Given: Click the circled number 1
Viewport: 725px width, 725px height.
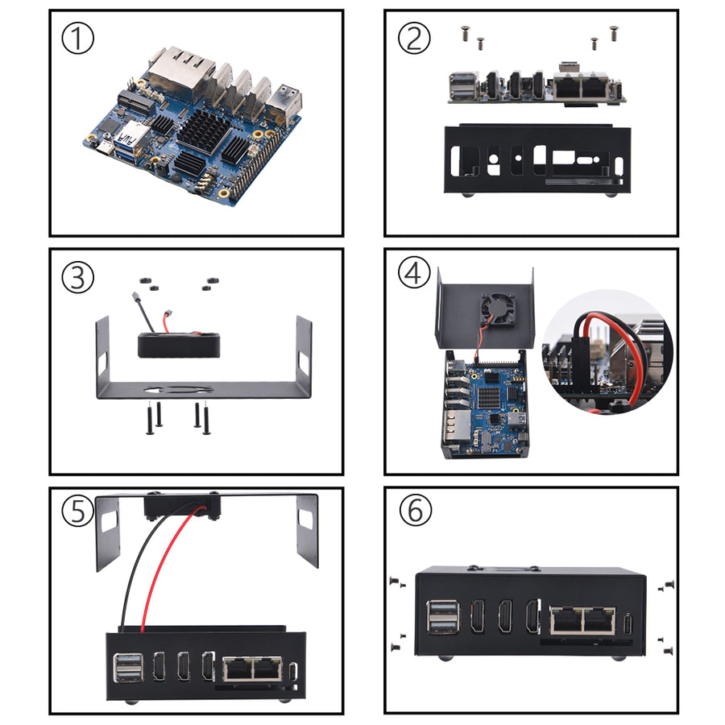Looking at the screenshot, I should tap(78, 39).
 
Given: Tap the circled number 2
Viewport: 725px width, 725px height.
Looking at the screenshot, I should tap(412, 39).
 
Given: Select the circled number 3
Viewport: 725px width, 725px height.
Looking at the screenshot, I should tap(78, 277).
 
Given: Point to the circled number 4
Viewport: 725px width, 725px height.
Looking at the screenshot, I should tap(413, 274).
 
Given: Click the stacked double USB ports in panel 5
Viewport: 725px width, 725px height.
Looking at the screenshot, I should tap(126, 667).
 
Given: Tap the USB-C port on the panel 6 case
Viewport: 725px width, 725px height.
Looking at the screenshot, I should tap(628, 623).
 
